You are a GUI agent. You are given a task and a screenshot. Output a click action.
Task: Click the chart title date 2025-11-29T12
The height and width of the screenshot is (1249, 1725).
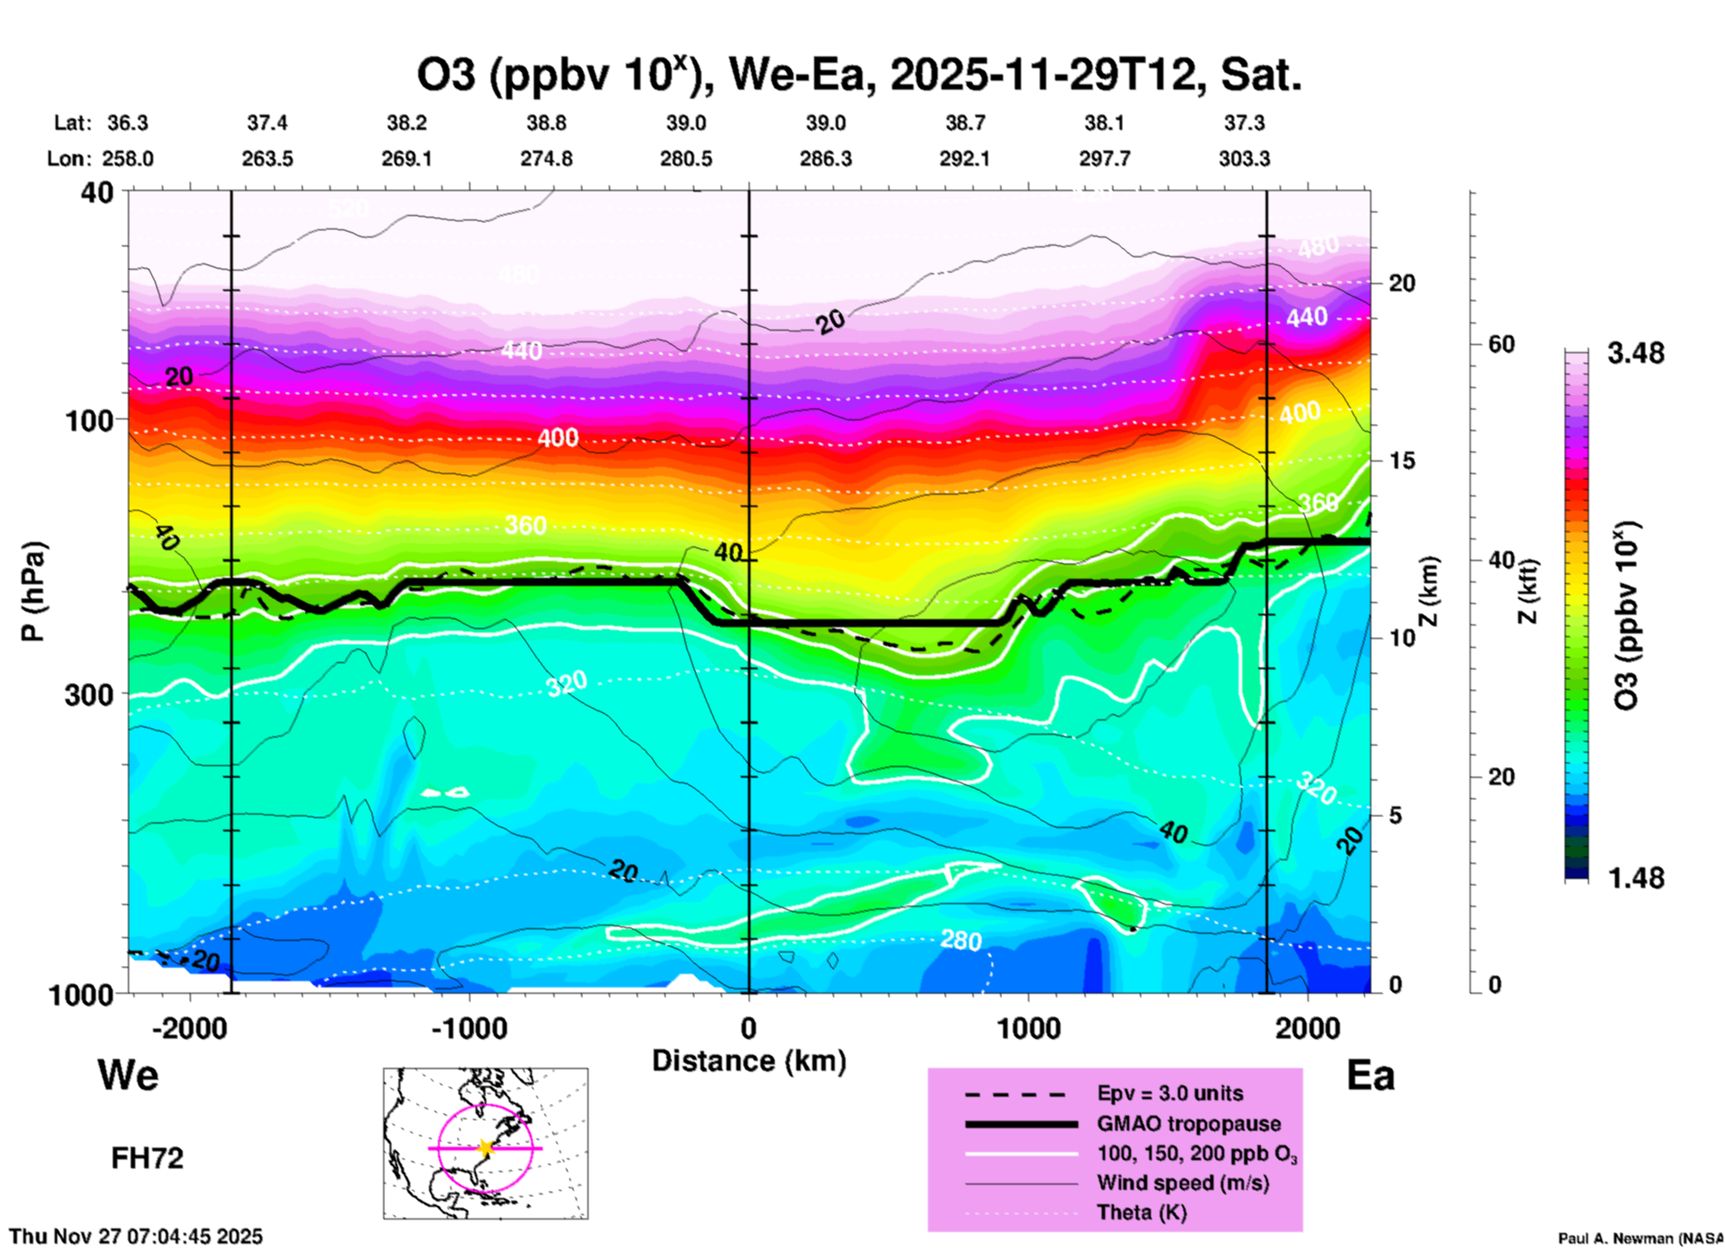pyautogui.click(x=1043, y=75)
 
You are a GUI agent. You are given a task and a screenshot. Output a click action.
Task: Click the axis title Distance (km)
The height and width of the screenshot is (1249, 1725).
pyautogui.click(x=749, y=1061)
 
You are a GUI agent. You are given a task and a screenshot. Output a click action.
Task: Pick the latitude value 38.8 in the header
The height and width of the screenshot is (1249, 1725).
pyautogui.click(x=546, y=123)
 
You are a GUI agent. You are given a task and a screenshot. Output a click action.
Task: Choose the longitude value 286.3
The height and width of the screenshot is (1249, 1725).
pyautogui.click(x=826, y=159)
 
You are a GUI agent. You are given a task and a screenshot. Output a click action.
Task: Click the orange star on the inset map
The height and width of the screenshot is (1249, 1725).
pyautogui.click(x=485, y=1148)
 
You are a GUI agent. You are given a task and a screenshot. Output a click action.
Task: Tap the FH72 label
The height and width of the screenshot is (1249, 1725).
pyautogui.click(x=147, y=1159)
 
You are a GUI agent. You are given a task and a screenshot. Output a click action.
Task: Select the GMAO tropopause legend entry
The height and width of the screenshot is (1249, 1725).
pyautogui.click(x=1189, y=1124)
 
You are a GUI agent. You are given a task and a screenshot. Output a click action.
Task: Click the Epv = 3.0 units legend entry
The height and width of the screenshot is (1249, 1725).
pyautogui.click(x=1170, y=1093)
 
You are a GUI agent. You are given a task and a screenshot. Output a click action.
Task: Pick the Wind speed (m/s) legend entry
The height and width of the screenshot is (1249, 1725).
pyautogui.click(x=1182, y=1183)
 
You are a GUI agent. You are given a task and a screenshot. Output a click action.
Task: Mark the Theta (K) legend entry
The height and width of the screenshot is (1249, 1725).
pyautogui.click(x=1141, y=1212)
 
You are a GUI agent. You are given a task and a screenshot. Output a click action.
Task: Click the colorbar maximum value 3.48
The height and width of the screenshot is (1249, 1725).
pyautogui.click(x=1635, y=353)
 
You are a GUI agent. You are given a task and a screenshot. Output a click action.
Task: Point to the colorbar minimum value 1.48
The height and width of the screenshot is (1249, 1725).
pyautogui.click(x=1635, y=878)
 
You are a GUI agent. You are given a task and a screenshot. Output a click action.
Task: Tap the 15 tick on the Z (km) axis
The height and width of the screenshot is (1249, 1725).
pyautogui.click(x=1402, y=461)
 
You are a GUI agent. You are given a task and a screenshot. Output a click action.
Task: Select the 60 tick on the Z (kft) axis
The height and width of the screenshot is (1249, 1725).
pyautogui.click(x=1501, y=344)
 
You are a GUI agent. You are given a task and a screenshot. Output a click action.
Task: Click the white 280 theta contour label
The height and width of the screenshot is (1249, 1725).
pyautogui.click(x=961, y=940)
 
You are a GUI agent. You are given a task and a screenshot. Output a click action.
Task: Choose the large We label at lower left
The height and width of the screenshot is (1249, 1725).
pyautogui.click(x=128, y=1074)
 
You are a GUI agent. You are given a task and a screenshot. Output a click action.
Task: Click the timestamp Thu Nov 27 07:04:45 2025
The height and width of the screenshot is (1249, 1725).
pyautogui.click(x=136, y=1236)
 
